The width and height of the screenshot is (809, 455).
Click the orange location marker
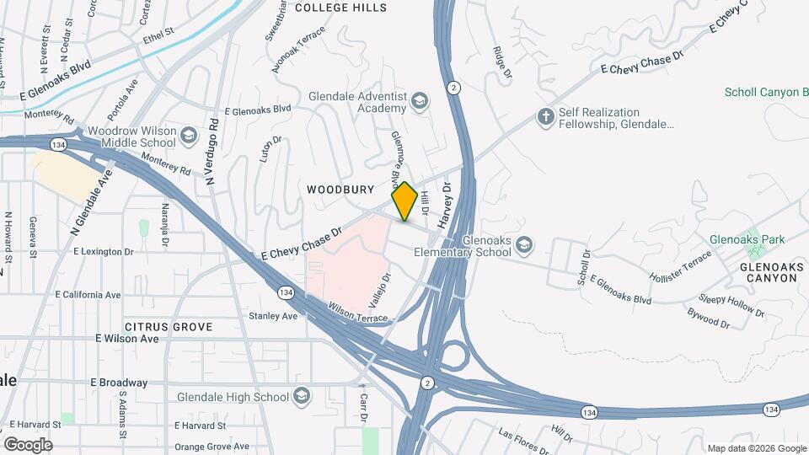404,201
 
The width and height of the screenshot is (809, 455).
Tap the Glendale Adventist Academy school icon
419,102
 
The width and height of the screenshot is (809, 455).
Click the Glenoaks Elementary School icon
524,245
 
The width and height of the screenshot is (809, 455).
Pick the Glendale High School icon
302,397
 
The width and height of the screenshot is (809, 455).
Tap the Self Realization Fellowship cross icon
546,118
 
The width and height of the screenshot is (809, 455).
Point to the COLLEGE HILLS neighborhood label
340,8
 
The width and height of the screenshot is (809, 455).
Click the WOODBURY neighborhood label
340,190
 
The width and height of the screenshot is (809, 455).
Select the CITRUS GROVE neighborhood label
169,326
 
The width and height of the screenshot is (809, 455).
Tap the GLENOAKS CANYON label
768,271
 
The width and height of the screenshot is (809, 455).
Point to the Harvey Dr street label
447,206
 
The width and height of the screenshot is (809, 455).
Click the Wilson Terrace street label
358,313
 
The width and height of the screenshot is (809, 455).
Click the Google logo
28,444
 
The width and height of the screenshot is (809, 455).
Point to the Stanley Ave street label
273,316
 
